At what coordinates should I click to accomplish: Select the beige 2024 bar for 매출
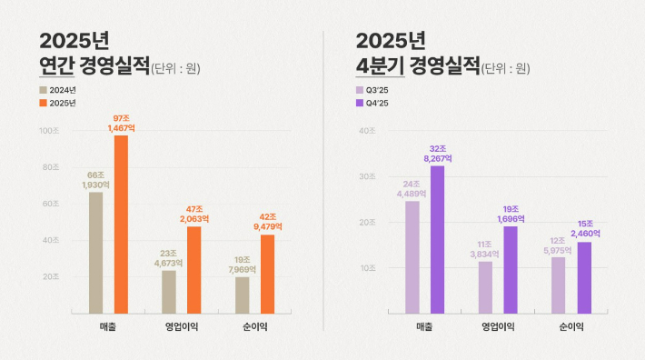pyautogui.click(x=95, y=252)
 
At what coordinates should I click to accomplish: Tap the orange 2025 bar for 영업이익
pyautogui.click(x=194, y=269)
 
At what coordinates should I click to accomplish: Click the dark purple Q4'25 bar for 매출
pyautogui.click(x=437, y=239)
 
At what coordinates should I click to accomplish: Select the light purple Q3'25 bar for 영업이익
pyautogui.click(x=486, y=287)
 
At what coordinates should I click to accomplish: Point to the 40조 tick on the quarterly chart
pyautogui.click(x=367, y=131)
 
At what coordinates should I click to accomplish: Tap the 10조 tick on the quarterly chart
pyautogui.click(x=367, y=268)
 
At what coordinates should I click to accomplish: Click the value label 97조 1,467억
pyautogui.click(x=121, y=124)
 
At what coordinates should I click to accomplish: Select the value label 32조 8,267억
pyautogui.click(x=437, y=153)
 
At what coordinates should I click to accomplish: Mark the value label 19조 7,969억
pyautogui.click(x=242, y=264)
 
